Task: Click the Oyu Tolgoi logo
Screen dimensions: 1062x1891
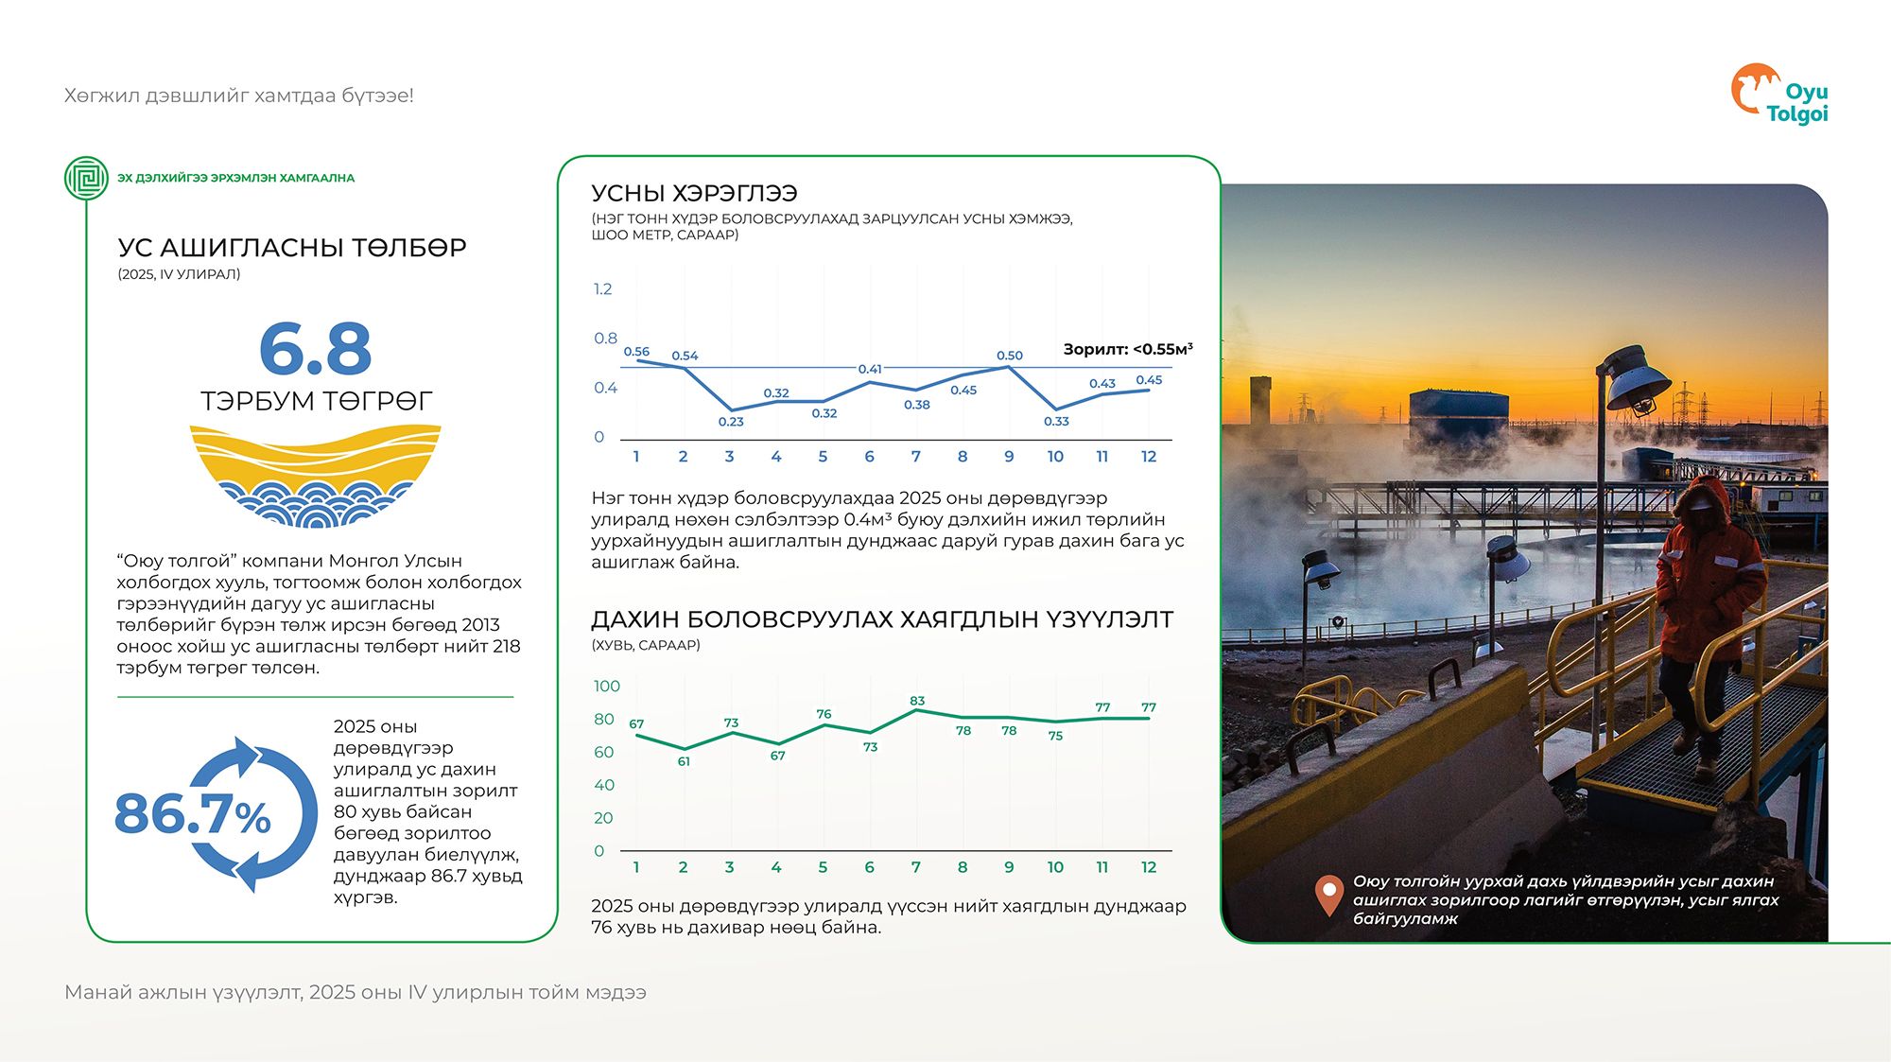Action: (x=1778, y=95)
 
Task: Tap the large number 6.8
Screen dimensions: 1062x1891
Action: (x=315, y=349)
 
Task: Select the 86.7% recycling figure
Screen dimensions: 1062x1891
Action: (x=194, y=814)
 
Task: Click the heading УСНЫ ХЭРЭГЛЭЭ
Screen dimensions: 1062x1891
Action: (x=694, y=194)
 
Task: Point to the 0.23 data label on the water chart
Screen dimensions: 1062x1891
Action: (x=731, y=422)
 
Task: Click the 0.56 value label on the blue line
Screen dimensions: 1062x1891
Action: (x=636, y=352)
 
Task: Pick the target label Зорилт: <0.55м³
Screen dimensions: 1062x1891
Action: (x=1127, y=349)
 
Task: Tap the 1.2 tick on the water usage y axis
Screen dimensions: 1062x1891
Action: (x=602, y=289)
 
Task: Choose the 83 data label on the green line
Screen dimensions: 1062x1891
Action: (x=917, y=701)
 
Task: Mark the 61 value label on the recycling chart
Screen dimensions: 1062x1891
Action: (x=684, y=761)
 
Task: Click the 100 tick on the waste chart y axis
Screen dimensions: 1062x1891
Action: (x=606, y=687)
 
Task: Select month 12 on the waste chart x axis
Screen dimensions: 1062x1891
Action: (x=1149, y=867)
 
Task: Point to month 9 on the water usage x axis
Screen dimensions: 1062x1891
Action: (x=1009, y=457)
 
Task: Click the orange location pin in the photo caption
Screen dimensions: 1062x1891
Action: (x=1329, y=894)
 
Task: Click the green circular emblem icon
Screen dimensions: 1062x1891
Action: (x=87, y=178)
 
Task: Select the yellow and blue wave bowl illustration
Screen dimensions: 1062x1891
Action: (x=315, y=476)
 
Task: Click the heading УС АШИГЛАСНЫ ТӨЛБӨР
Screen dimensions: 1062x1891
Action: (x=292, y=248)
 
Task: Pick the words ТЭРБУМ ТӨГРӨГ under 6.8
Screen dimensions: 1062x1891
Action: (x=316, y=401)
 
